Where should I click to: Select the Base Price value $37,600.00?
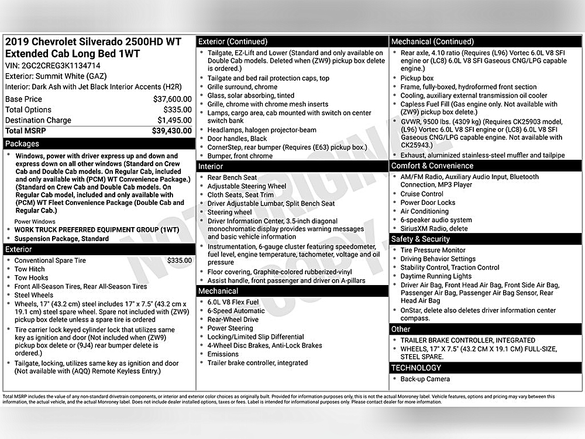coord(172,100)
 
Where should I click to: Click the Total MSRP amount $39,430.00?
coord(171,131)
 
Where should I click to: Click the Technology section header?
coord(416,368)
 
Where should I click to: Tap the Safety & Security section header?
coord(421,239)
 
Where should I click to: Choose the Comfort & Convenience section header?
coord(432,166)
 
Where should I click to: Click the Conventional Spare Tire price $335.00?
coord(179,260)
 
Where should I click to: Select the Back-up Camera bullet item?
coord(425,379)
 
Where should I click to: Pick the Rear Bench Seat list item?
coord(232,177)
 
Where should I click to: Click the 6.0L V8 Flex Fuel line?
coord(233,302)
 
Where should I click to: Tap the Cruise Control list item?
coord(422,194)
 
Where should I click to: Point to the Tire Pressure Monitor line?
coord(433,250)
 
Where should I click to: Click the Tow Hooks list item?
coord(32,278)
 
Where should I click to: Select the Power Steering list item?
coord(230,328)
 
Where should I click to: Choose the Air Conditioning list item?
coord(424,211)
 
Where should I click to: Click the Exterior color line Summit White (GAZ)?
coord(51,76)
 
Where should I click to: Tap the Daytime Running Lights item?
coord(436,276)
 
